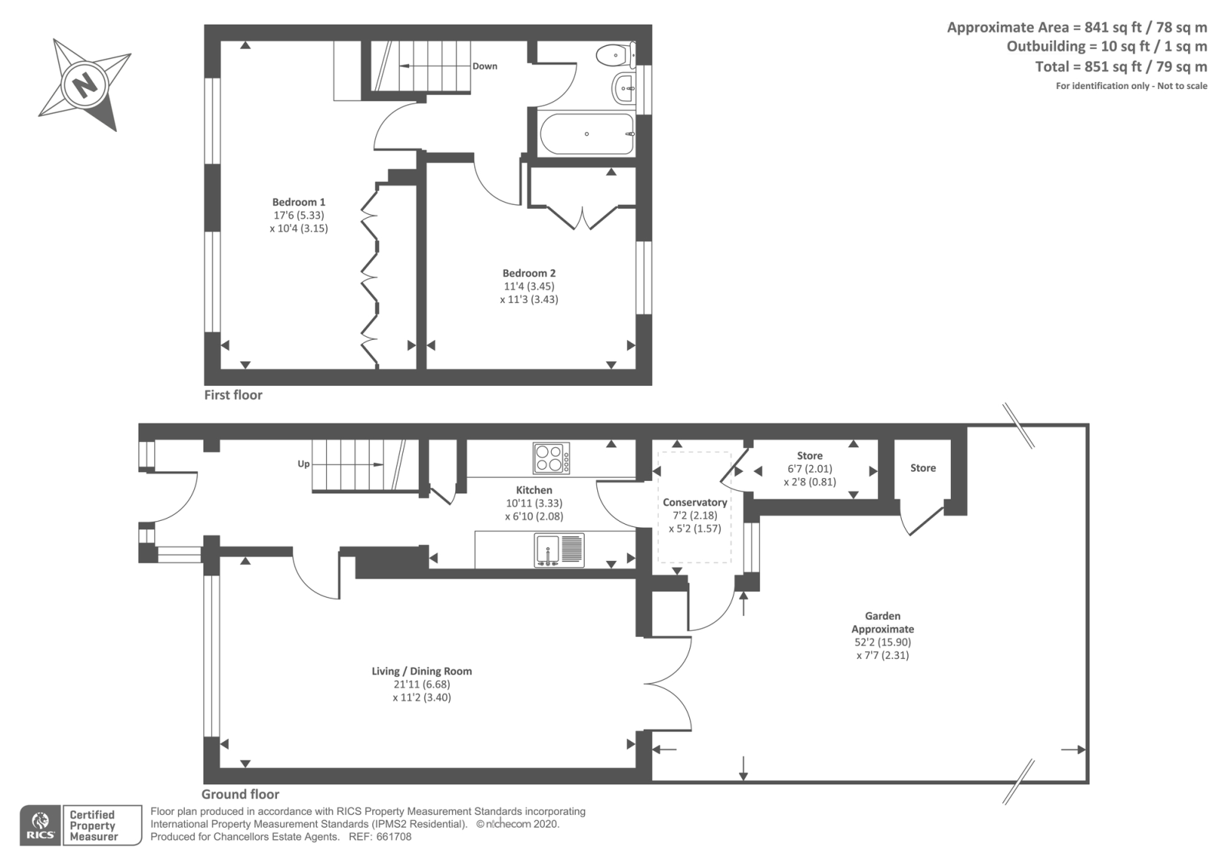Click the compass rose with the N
85,85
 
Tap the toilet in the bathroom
616,54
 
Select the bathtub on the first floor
587,134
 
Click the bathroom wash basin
624,88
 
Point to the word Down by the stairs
484,66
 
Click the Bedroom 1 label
299,203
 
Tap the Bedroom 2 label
529,273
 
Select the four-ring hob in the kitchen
551,458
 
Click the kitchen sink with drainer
560,550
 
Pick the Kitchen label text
534,490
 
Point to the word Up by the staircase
304,464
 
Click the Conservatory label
695,502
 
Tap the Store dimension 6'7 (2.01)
810,469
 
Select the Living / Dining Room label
421,671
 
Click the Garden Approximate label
883,622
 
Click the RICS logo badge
40,825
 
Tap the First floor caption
233,395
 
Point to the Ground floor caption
240,794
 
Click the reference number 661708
394,837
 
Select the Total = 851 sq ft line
1121,67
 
